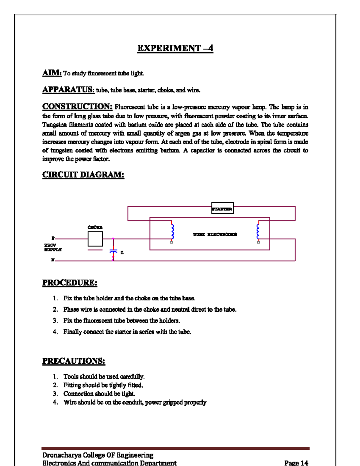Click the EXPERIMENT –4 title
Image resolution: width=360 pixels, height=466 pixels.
pos(175,48)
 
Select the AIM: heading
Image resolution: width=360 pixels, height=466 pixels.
pos(52,73)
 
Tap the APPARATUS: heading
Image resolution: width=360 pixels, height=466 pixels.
pos(68,90)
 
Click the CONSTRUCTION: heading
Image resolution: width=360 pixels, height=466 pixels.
pos(77,107)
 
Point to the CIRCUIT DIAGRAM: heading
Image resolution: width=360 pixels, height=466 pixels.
pos(83,175)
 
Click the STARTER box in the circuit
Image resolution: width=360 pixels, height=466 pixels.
pos(222,208)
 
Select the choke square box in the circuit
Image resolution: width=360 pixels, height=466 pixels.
pos(95,239)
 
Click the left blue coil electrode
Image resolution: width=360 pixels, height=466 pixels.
pos(172,232)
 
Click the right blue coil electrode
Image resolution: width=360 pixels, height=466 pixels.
pos(258,232)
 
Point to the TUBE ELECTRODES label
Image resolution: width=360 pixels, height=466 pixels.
pos(215,234)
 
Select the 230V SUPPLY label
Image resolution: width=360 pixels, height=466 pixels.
pos(52,248)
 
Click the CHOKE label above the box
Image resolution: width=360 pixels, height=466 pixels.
pos(95,227)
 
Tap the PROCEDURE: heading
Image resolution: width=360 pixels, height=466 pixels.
pos(70,283)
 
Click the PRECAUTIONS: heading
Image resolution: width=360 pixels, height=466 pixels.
pos(73,361)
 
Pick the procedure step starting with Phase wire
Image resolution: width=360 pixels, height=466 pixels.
pos(150,309)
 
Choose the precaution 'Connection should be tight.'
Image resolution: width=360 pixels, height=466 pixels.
pos(99,394)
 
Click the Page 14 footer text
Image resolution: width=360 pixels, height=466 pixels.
pos(296,463)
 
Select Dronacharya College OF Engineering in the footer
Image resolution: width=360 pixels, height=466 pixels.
pos(97,455)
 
